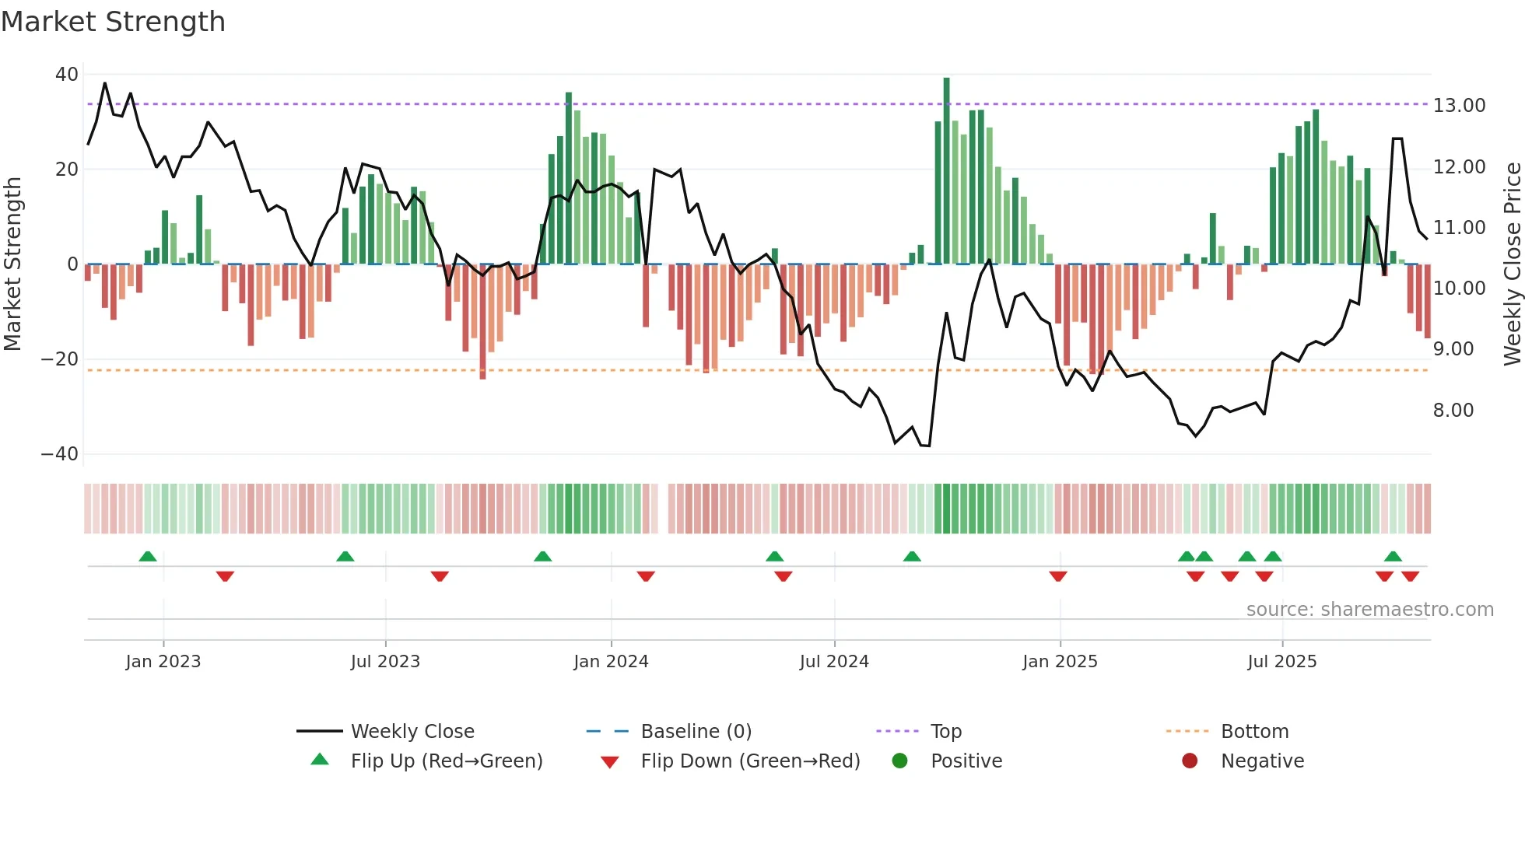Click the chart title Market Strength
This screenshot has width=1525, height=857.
tap(113, 22)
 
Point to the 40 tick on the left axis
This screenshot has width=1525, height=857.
tap(67, 75)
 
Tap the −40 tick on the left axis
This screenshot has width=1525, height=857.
tap(60, 454)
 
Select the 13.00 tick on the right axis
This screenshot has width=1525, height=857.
tap(1459, 106)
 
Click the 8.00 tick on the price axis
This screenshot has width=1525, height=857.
tap(1453, 411)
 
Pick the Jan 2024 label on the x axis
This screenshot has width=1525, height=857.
tap(611, 662)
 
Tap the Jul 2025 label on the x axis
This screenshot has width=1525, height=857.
tap(1281, 662)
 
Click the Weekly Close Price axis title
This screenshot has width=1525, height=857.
tap(1512, 264)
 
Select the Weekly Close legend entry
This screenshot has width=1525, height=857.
tap(412, 732)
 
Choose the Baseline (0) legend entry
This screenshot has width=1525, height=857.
tap(696, 732)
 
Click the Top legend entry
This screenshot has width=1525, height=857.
tap(946, 732)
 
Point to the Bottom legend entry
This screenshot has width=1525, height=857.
tap(1254, 732)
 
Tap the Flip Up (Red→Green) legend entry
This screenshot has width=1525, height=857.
tap(447, 761)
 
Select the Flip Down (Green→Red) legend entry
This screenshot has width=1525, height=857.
tap(750, 761)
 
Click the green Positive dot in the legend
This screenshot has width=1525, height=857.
tap(900, 761)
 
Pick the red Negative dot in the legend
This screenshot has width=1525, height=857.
tap(1190, 761)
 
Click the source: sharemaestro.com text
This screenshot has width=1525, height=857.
tap(1369, 610)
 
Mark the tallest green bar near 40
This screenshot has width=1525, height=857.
tap(946, 171)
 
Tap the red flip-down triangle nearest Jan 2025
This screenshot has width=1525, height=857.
tap(1057, 576)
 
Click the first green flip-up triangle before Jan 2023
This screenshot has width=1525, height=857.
tap(148, 556)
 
